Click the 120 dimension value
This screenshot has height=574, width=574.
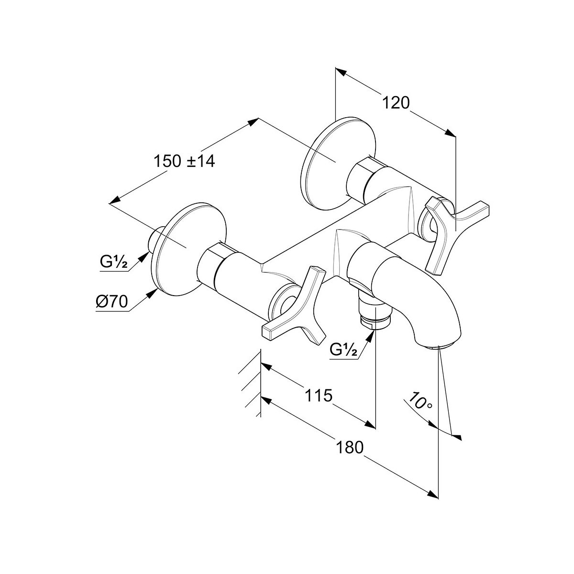click(x=396, y=103)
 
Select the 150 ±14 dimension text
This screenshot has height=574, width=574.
click(x=184, y=162)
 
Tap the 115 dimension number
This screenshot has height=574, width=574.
click(x=318, y=396)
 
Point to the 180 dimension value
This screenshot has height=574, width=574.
click(x=350, y=447)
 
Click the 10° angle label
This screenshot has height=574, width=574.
click(x=419, y=402)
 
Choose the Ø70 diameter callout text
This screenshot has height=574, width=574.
click(x=112, y=302)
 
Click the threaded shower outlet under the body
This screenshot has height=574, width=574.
click(x=375, y=312)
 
